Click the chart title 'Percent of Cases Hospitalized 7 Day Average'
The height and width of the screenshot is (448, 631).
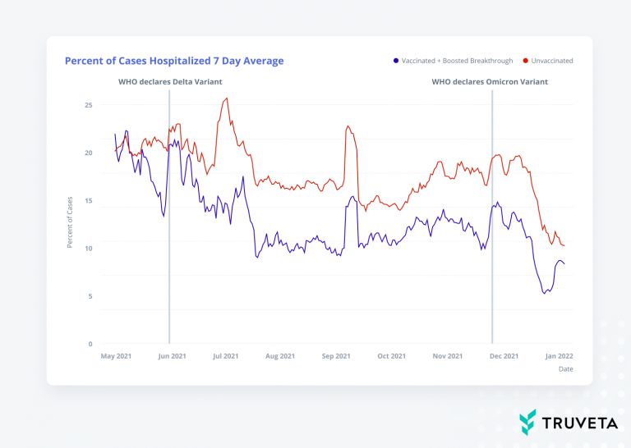click(x=174, y=61)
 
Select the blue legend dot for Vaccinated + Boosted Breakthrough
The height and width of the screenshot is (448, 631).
click(x=396, y=61)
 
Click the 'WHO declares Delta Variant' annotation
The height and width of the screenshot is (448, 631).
click(x=170, y=82)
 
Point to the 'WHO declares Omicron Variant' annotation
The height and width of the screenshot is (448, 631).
click(x=490, y=82)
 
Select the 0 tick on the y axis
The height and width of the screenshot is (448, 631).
click(x=90, y=344)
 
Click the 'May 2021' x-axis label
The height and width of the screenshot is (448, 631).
click(x=116, y=356)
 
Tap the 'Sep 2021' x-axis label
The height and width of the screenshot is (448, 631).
click(x=336, y=356)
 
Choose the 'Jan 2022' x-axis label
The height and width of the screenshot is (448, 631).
click(x=560, y=356)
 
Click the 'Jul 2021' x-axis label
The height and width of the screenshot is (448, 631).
click(x=225, y=356)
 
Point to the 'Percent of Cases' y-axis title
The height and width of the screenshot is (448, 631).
click(x=70, y=223)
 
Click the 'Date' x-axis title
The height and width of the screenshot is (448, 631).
click(x=565, y=369)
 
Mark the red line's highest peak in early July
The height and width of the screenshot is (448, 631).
click(x=227, y=98)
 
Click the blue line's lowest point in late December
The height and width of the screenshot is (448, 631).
click(x=544, y=293)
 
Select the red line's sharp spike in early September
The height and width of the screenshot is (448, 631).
click(x=348, y=126)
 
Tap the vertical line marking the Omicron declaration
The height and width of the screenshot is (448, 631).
click(x=492, y=246)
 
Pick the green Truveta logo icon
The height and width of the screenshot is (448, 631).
click(x=527, y=422)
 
